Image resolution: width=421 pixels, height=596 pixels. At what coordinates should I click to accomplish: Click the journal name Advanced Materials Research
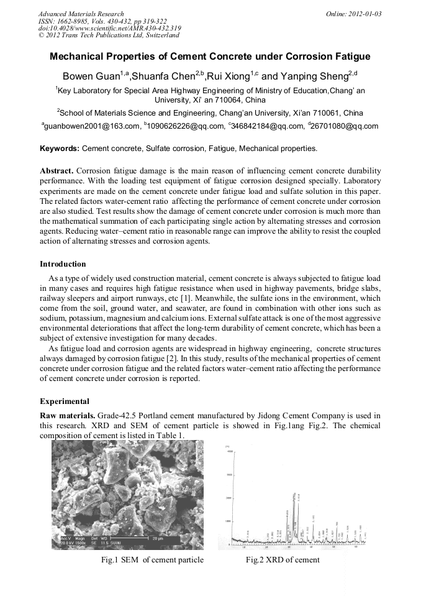tap(81, 13)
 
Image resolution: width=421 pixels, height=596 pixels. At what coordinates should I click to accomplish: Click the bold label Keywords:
tap(60, 149)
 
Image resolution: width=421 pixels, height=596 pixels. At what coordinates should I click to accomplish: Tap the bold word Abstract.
tap(57, 170)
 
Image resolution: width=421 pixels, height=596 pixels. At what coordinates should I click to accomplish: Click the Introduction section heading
tap(63, 264)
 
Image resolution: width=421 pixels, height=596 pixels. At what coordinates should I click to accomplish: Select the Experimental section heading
tap(65, 401)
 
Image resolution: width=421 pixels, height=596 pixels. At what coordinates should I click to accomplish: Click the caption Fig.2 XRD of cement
tap(283, 560)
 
